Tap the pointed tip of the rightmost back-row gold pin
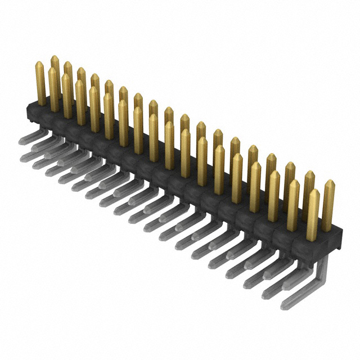pyautogui.click(x=329, y=183)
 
